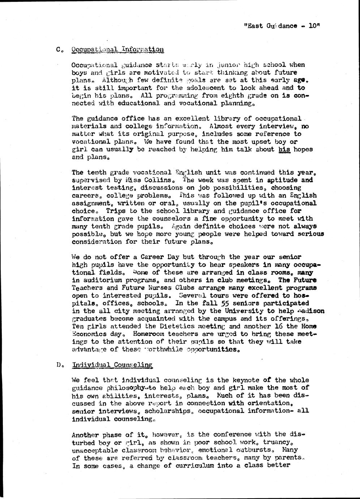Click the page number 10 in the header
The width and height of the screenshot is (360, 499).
pyautogui.click(x=314, y=26)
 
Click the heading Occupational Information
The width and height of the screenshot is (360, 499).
pyautogui.click(x=117, y=50)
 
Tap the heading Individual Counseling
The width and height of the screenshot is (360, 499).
pyautogui.click(x=112, y=365)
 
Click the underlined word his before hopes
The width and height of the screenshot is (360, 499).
pyautogui.click(x=284, y=149)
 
